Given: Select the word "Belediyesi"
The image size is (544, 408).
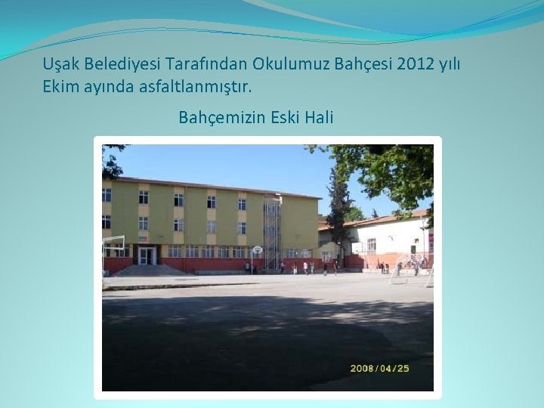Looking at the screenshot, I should pyautogui.click(x=121, y=64).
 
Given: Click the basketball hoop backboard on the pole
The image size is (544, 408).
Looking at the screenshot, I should pyautogui.click(x=257, y=249).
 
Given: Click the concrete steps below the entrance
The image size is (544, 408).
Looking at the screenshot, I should pyautogui.click(x=148, y=270).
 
